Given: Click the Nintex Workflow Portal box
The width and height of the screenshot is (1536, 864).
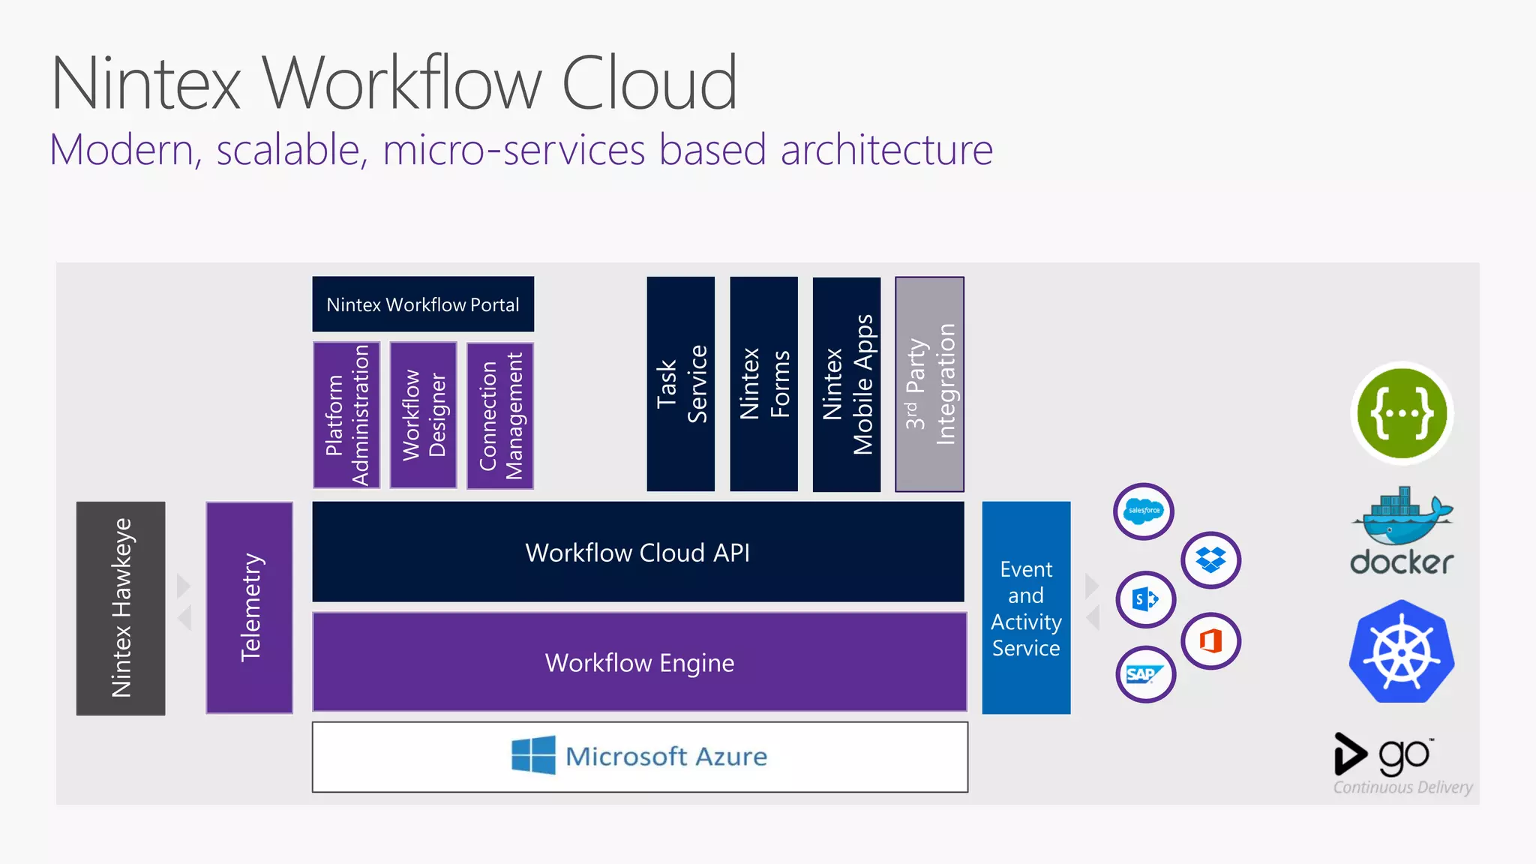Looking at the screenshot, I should [423, 304].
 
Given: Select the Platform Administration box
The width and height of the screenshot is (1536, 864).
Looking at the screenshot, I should [346, 415].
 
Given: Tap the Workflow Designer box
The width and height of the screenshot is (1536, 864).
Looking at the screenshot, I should [423, 415].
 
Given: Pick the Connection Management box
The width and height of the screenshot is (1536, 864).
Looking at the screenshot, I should [500, 415].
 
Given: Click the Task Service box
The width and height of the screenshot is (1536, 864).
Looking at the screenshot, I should [680, 384].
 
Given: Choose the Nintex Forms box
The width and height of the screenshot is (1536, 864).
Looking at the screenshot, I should [763, 384].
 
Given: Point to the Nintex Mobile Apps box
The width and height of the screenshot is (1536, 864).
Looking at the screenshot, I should [847, 384].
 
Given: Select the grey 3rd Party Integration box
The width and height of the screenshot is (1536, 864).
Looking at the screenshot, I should [929, 384].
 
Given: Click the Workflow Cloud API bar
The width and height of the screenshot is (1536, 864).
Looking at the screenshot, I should [637, 552].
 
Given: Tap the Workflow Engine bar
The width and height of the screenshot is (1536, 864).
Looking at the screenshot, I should [639, 662].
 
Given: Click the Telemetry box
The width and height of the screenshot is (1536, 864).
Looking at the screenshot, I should [249, 607].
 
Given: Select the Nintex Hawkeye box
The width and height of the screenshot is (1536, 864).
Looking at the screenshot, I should [121, 608].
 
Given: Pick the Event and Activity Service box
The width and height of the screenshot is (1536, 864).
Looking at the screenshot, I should [1026, 608].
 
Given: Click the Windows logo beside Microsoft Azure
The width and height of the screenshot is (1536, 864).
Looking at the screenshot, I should [533, 755].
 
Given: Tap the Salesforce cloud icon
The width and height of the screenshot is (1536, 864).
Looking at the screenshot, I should [1143, 511].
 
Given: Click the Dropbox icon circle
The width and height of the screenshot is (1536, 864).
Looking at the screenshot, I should [1210, 560].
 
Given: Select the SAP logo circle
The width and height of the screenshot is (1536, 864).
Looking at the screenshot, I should [1144, 674].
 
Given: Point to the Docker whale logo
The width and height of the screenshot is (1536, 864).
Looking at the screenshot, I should [1401, 517].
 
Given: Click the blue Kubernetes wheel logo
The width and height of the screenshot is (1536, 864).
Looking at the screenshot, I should [1401, 652].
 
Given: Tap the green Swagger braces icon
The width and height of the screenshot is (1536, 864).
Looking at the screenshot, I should [1401, 413].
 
